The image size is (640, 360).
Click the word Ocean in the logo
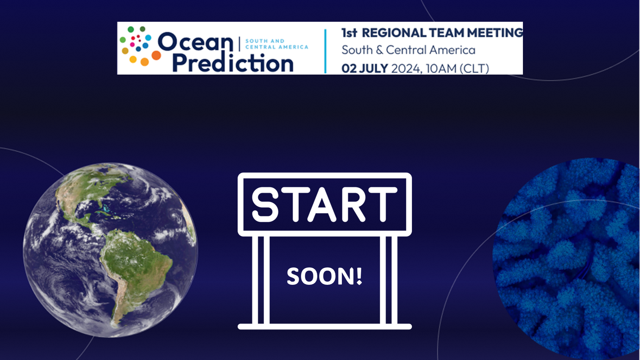[196, 42]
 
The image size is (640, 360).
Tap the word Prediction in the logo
[233, 63]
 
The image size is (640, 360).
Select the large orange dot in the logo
[156, 55]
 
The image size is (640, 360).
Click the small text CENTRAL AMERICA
[277, 47]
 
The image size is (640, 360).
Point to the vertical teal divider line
[325, 51]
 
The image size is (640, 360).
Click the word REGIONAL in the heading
[394, 33]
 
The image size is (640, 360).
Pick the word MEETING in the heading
[495, 33]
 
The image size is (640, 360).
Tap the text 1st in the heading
[349, 33]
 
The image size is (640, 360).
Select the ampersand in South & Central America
[380, 50]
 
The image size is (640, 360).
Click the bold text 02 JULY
[364, 68]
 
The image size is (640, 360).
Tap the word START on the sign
[324, 204]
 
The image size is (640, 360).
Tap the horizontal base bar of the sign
[324, 326]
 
